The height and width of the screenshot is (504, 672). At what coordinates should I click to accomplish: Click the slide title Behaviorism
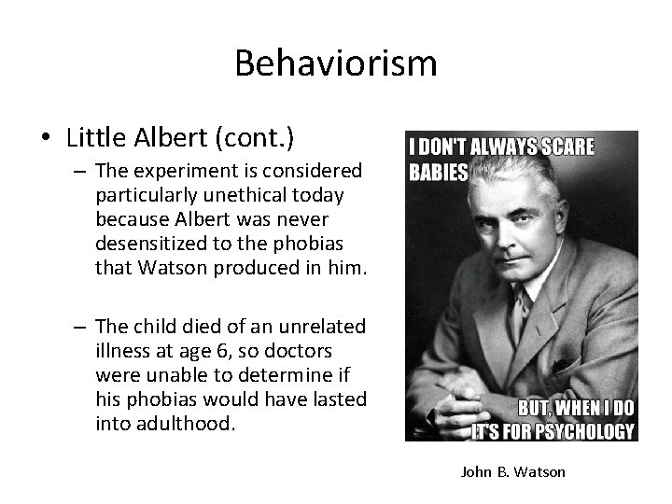336,63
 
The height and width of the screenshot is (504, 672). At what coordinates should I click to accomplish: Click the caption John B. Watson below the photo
512,472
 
